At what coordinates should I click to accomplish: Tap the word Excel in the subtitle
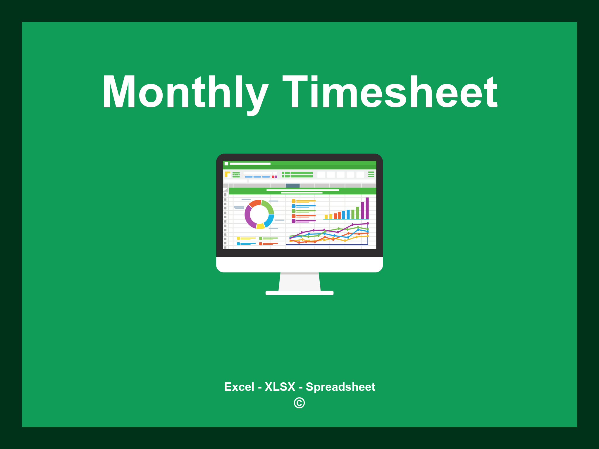coord(239,387)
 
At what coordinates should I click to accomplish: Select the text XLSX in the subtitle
coord(280,387)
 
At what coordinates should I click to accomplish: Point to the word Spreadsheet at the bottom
coord(340,387)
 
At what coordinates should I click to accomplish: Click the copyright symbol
coord(299,403)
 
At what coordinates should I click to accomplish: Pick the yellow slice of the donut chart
coord(260,226)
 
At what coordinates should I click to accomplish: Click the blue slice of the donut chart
coord(269,220)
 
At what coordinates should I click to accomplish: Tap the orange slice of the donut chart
coord(254,203)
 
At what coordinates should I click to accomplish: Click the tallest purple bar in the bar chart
coord(367,208)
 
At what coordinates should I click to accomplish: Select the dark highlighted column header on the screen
coord(292,186)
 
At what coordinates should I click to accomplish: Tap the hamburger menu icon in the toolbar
coord(371,174)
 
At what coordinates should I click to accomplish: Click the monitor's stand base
coord(299,293)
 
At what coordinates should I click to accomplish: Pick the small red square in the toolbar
coord(273,177)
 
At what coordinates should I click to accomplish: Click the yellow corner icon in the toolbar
coord(227,174)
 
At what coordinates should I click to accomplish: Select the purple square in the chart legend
coord(293,221)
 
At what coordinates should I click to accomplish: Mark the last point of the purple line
coord(368,223)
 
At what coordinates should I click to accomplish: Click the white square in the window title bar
coord(226,164)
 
